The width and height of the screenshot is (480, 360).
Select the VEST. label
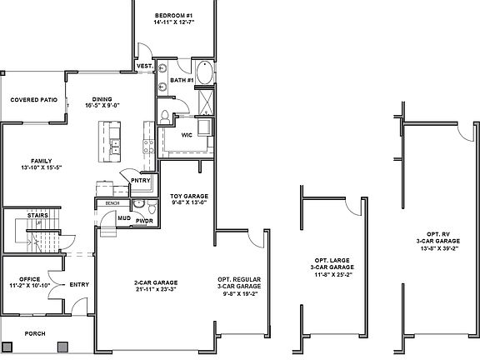point(144,65)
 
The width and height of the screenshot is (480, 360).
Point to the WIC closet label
point(187,132)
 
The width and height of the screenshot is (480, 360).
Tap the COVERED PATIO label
point(33,99)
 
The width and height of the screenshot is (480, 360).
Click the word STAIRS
point(37,215)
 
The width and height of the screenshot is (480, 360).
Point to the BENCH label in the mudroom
point(112,202)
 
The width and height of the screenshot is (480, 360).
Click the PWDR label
point(144,221)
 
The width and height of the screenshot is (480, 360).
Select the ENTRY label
point(79,284)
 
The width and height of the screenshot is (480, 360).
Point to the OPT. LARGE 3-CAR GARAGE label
point(331,267)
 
